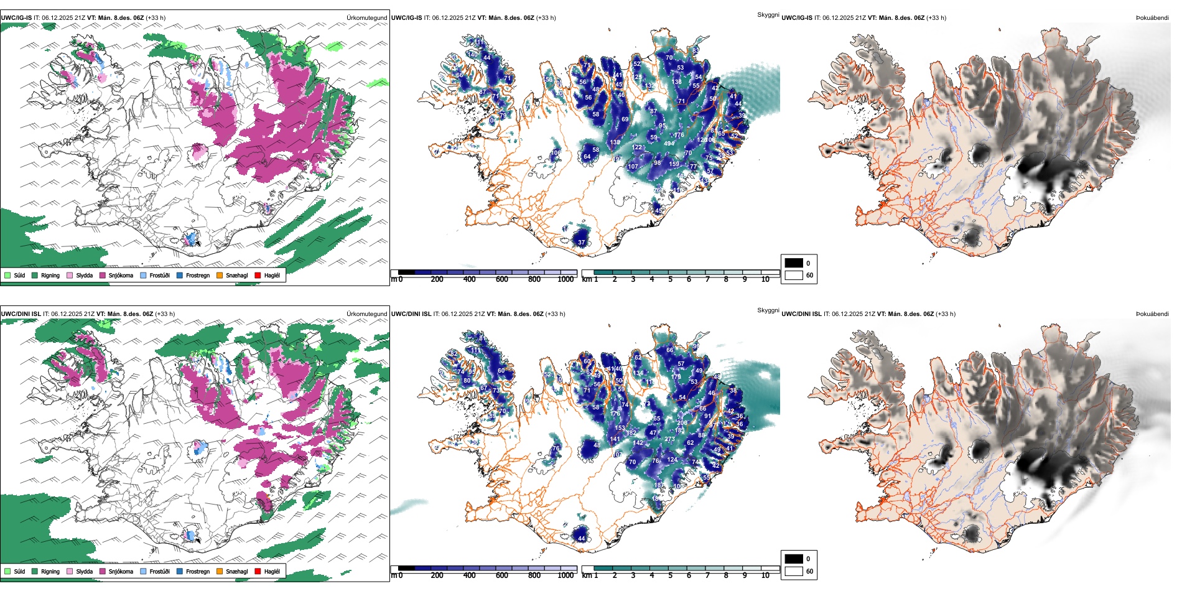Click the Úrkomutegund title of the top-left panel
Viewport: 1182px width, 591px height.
pos(367,18)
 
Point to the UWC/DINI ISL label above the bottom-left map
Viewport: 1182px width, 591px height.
pos(21,314)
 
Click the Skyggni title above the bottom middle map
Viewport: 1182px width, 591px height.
pos(768,310)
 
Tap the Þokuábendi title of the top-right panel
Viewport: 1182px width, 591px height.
pos(1152,18)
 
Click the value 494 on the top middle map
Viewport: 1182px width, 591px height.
pos(669,144)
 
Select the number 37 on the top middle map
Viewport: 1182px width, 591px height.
pos(581,243)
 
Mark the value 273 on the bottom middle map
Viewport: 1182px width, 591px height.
pos(669,439)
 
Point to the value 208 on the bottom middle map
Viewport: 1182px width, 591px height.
pos(682,423)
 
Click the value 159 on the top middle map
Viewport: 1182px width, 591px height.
pos(674,164)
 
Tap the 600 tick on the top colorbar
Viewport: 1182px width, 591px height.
pos(502,279)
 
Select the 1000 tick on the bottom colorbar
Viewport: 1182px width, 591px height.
pos(565,575)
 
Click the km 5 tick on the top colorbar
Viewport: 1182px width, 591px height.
pos(670,279)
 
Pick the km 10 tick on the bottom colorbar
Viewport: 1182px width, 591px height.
pos(765,575)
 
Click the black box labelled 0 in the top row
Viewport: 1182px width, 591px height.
pos(794,263)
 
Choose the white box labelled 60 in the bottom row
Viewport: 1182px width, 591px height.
pos(794,571)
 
